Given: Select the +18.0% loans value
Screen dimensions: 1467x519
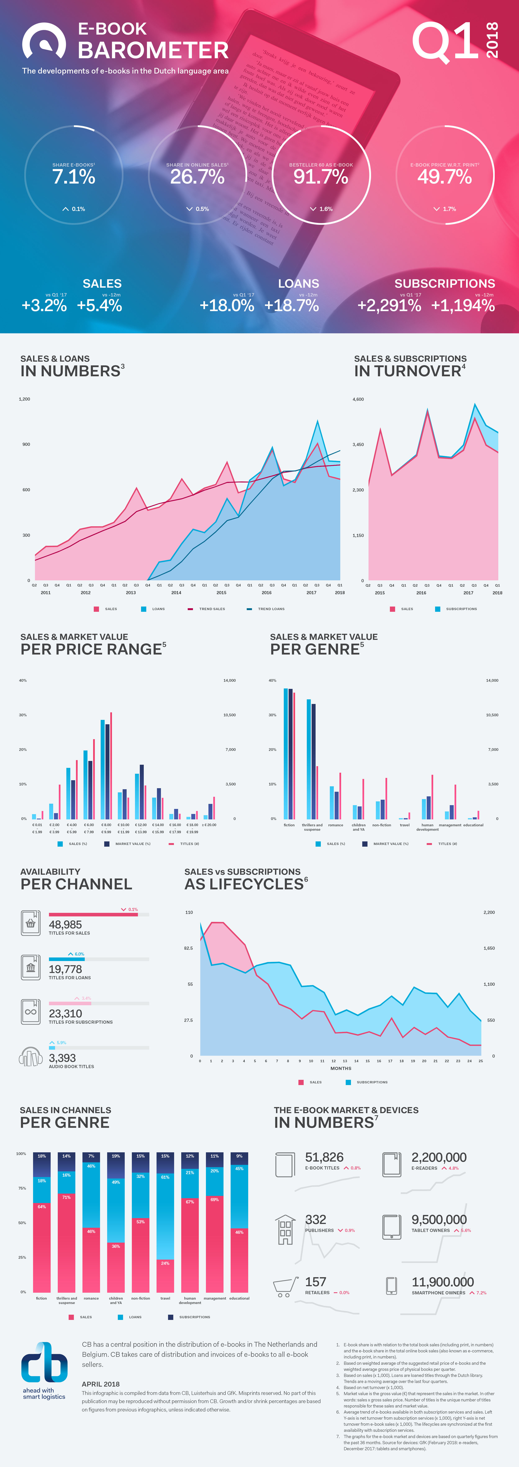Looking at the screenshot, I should coord(226,306).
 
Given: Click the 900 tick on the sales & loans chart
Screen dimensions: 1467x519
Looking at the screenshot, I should coord(26,444).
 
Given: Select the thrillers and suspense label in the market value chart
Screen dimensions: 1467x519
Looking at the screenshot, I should coord(312,827).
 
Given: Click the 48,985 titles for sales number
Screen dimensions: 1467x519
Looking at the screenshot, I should coord(66,925).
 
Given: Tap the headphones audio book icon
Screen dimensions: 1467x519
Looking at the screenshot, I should coord(31,1058).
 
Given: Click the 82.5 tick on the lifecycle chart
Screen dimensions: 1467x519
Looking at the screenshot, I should coord(188,948).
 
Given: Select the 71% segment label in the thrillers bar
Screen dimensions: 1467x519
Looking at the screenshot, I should coord(67,1197).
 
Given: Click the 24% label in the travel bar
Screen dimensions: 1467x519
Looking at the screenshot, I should coord(165,1263).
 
